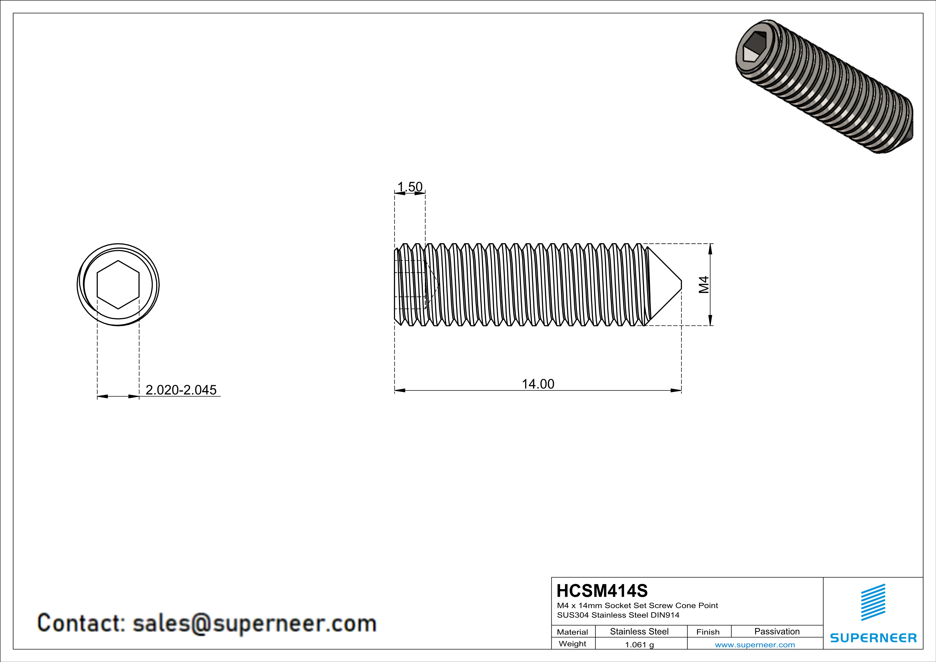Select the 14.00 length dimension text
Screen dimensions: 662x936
[538, 384]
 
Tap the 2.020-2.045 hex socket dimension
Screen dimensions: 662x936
[181, 390]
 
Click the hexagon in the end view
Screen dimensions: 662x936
[118, 285]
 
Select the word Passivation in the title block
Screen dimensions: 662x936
[777, 631]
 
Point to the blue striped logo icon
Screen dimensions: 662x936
[873, 602]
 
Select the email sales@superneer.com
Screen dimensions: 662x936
[254, 623]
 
